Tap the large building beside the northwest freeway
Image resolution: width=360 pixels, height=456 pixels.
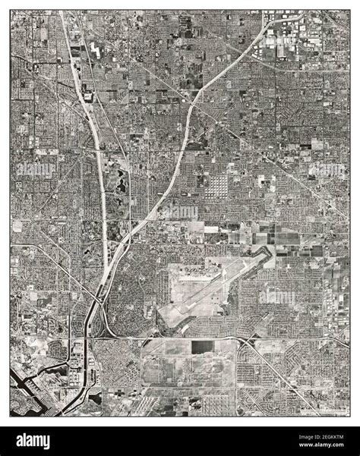90,95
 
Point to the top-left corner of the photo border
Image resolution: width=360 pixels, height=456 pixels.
11,10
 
